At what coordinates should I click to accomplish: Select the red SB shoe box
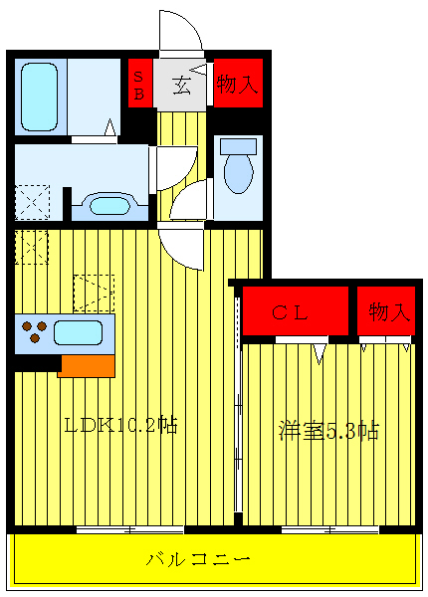[x=139, y=85]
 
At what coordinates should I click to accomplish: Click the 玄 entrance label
[x=183, y=86]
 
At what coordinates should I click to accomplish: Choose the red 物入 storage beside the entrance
[x=238, y=86]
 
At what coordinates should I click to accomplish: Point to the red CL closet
[x=295, y=312]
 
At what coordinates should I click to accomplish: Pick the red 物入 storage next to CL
[x=387, y=312]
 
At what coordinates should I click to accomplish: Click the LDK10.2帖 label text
[x=119, y=426]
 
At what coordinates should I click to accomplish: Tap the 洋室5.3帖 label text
[x=327, y=431]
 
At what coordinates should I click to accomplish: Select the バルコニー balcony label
[x=212, y=560]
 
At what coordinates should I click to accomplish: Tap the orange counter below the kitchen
[x=86, y=365]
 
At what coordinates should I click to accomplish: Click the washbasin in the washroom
[x=107, y=206]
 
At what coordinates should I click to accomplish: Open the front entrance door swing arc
[x=180, y=30]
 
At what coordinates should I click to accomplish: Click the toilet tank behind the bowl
[x=238, y=145]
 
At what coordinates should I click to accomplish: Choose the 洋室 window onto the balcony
[x=327, y=528]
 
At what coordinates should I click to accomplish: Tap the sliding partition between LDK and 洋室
[x=238, y=408]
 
